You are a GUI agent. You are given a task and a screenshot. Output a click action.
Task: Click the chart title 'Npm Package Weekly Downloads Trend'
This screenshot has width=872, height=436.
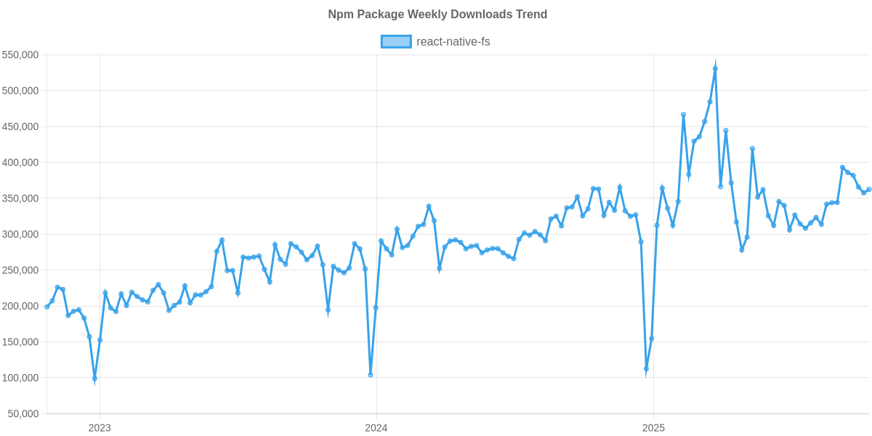tap(436, 15)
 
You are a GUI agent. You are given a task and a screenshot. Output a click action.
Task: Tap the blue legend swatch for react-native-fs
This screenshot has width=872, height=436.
tap(396, 41)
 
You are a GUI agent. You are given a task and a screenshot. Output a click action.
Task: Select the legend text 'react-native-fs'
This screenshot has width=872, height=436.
tap(453, 41)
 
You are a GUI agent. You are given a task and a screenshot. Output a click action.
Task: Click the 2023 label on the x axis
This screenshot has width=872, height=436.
tap(100, 428)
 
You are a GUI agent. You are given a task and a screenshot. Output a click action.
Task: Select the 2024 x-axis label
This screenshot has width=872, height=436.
tap(376, 428)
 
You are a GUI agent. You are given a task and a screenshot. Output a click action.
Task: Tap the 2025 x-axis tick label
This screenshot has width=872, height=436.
tap(653, 428)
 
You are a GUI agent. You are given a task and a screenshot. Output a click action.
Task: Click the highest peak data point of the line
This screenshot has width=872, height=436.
tap(715, 68)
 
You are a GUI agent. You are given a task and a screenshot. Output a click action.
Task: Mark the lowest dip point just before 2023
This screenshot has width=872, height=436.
tap(94, 379)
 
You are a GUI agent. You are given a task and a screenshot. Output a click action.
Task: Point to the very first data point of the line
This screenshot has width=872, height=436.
tap(47, 307)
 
